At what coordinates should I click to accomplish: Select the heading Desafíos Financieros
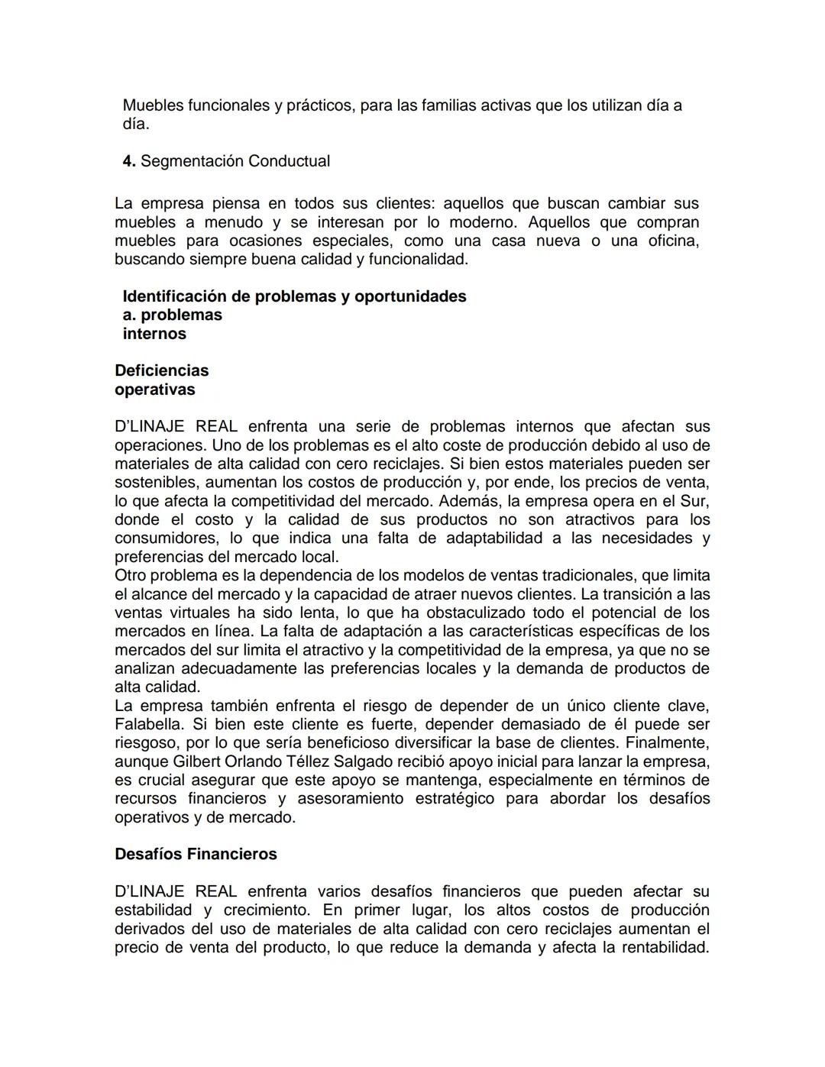point(196,854)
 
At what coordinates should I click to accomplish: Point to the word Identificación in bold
point(175,296)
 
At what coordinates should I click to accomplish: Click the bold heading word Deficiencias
point(161,370)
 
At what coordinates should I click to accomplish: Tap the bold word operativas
point(154,390)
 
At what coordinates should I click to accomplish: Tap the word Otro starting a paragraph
point(130,575)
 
